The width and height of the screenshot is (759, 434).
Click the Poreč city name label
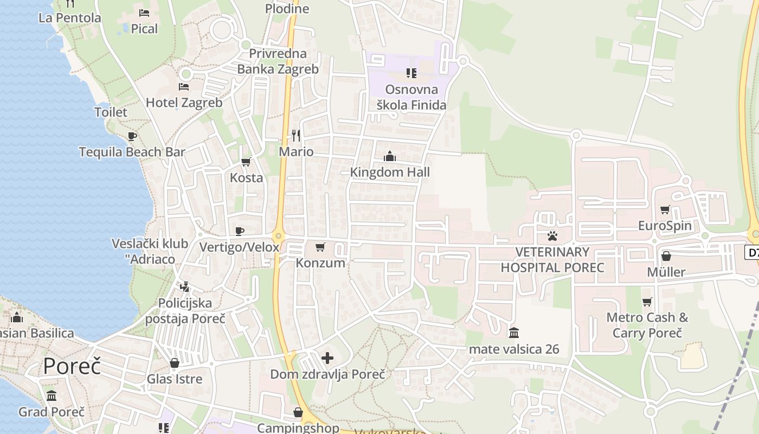coord(72,366)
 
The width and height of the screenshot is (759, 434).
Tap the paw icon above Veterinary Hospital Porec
coord(552,236)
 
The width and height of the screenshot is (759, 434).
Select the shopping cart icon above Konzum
coord(320,247)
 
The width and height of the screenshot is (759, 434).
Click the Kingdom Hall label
coord(390,173)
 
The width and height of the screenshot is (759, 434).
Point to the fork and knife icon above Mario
coord(296,135)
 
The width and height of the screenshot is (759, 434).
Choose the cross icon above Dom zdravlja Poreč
coord(327,358)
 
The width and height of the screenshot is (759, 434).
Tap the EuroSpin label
coord(665,226)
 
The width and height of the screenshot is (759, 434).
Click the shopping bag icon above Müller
coord(666,256)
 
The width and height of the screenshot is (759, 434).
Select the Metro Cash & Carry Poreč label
coord(647,325)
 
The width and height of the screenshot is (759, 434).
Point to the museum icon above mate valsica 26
coord(514,333)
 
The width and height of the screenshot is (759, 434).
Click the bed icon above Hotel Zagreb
coord(184,87)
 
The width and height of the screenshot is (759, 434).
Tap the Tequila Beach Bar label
coord(132,152)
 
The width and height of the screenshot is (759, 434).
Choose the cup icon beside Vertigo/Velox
coord(239,232)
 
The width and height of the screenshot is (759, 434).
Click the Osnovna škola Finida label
coord(411,97)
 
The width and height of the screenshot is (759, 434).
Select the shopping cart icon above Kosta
coord(246,162)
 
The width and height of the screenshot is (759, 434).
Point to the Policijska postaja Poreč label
coord(185,310)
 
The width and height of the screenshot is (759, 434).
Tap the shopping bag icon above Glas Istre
coord(175,363)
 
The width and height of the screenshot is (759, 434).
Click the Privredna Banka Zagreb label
coord(278,61)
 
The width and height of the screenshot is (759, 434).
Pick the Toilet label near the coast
coord(111,112)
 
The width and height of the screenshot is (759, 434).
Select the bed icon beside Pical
coord(144,12)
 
